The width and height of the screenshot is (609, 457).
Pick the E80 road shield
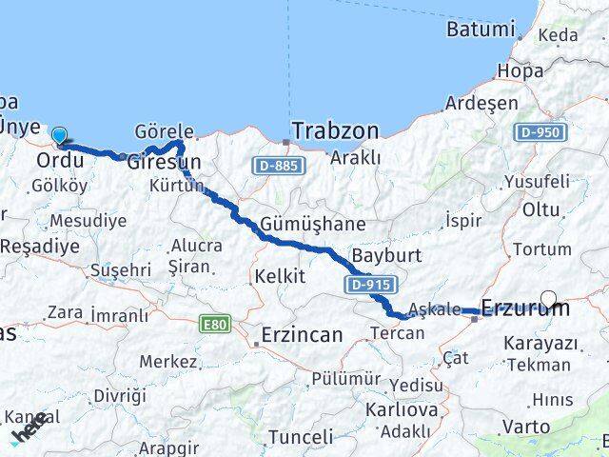tap(215, 325)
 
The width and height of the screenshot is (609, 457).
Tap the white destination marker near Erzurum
tap(550, 299)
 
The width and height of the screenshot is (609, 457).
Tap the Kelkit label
tap(280, 276)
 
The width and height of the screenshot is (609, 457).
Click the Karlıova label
tap(403, 410)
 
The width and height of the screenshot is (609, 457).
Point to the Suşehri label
tap(121, 270)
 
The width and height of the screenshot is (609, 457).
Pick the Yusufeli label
tap(537, 181)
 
